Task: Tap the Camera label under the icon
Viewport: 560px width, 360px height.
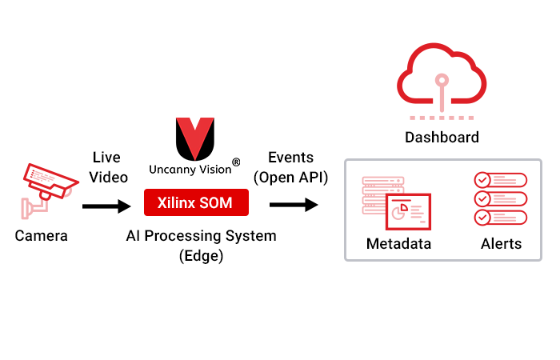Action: click(42, 236)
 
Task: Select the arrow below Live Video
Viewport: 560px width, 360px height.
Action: click(106, 206)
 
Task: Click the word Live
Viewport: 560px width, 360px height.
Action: click(106, 158)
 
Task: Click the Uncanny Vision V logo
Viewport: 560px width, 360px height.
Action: click(195, 138)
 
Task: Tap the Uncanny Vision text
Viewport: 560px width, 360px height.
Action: click(190, 170)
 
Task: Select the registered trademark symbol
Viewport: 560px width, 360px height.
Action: click(237, 163)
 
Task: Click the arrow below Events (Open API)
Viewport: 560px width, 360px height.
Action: click(293, 206)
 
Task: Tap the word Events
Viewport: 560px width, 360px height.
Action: click(290, 158)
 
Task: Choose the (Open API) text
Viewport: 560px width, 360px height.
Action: click(290, 178)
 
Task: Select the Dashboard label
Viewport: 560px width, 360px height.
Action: click(442, 137)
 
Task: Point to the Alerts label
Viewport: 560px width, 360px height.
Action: click(501, 244)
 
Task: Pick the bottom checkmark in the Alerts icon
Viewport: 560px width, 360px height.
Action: click(482, 218)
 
